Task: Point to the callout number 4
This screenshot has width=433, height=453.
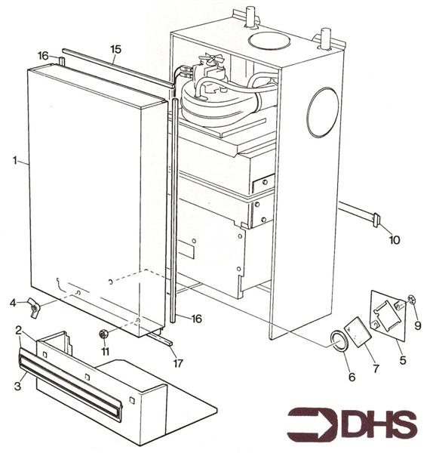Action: pos(13,303)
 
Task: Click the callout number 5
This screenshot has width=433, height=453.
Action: pos(402,360)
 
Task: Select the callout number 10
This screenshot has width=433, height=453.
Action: pos(395,240)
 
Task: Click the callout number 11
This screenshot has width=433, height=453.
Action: pos(106,352)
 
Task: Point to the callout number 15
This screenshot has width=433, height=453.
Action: pos(115,50)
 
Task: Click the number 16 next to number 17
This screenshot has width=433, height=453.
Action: pos(196,319)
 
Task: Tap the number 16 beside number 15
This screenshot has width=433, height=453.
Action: pos(44,56)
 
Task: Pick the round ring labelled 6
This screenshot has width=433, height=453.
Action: pos(338,341)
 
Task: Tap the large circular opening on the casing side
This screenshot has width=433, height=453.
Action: pos(324,113)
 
